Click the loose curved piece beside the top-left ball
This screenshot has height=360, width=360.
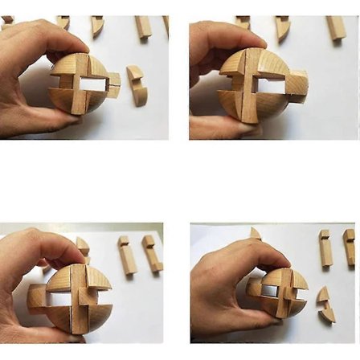(137, 84)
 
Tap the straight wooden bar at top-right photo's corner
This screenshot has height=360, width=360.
(336, 28)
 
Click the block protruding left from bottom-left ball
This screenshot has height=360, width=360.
(36, 298)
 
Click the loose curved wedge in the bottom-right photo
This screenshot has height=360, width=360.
(325, 305)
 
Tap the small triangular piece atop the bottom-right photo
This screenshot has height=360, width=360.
(256, 234)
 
